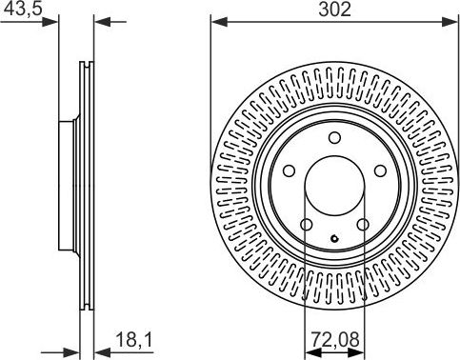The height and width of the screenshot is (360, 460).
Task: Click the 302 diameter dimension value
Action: pyautogui.click(x=334, y=10)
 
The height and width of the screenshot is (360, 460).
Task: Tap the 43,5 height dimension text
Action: pyautogui.click(x=23, y=9)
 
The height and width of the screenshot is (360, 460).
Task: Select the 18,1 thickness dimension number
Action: pyautogui.click(x=134, y=340)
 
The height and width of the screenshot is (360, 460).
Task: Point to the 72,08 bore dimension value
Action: pyautogui.click(x=335, y=340)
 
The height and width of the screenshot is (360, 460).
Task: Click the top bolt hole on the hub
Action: pyautogui.click(x=334, y=138)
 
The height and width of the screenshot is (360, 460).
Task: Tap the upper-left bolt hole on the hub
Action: pyautogui.click(x=289, y=171)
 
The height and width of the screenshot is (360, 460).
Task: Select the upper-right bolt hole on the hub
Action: pyautogui.click(x=380, y=171)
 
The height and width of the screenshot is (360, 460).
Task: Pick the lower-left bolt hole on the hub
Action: pyautogui.click(x=307, y=225)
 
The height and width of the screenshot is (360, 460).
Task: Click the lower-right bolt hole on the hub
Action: pyautogui.click(x=363, y=225)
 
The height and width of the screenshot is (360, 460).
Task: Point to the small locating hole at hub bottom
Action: pyautogui.click(x=334, y=238)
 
